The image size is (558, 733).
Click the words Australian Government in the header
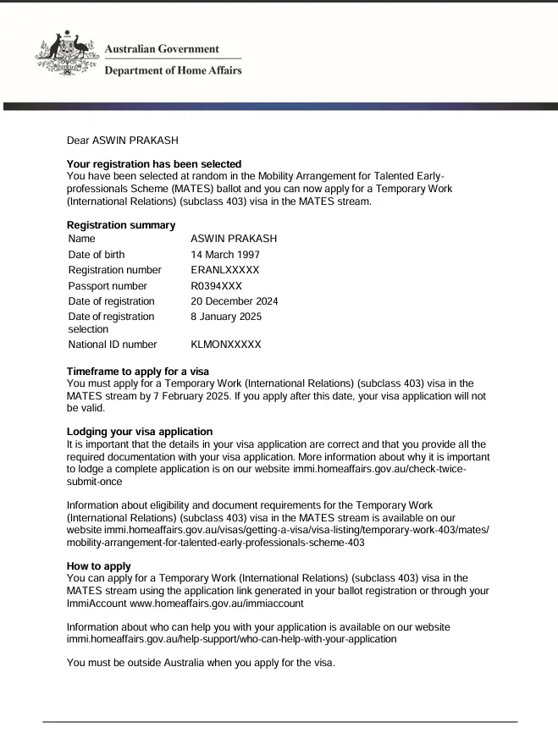tap(161, 49)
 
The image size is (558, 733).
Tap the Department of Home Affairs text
tap(173, 70)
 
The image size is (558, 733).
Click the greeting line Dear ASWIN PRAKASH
tap(123, 141)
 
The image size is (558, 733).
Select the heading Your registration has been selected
tap(154, 164)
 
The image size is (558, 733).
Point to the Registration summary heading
tap(121, 225)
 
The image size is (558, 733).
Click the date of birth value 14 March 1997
tap(225, 255)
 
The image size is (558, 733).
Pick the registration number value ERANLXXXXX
tap(225, 270)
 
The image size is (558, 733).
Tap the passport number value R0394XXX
tap(216, 286)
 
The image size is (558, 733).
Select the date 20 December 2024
tap(235, 301)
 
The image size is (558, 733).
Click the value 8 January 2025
tap(226, 317)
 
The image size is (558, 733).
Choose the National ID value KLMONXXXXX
tap(226, 344)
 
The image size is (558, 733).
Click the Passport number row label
tap(108, 286)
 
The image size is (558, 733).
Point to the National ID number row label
tap(113, 344)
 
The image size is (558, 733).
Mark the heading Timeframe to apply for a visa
tap(137, 372)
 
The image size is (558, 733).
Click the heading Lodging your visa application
tap(140, 432)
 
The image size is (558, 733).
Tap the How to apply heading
tap(99, 566)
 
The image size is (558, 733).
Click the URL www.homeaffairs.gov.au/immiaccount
tap(217, 603)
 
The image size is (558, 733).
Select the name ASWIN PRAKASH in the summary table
tap(234, 239)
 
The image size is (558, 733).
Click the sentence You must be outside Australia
tap(201, 663)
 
